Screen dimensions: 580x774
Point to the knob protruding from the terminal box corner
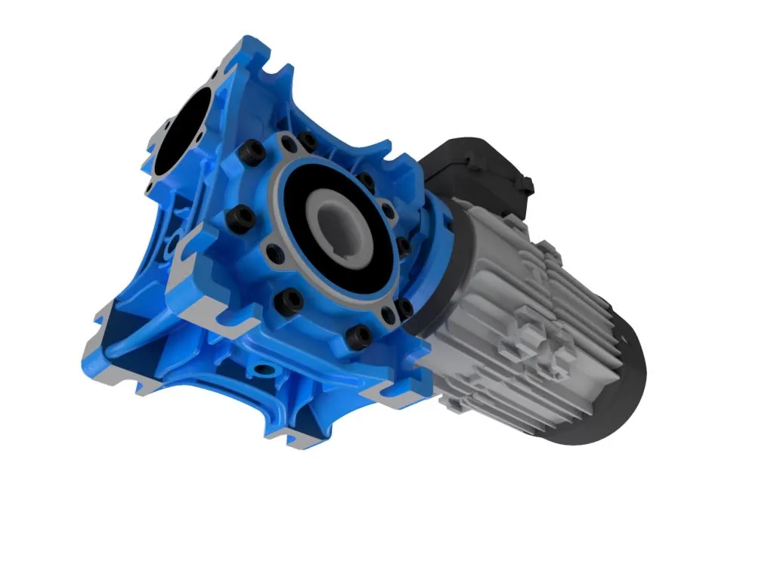(527, 184)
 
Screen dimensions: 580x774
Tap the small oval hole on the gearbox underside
(265, 371)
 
